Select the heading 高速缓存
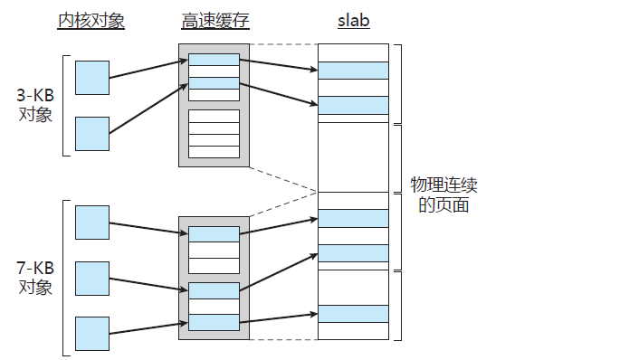pos(214,21)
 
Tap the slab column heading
pos(353,21)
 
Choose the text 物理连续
pos(443,185)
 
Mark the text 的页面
pos(443,205)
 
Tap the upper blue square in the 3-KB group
pos(92,78)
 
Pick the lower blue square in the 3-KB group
pos(92,133)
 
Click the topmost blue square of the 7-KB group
pos(92,223)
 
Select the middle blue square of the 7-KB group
pos(92,278)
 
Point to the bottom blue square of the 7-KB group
pos(92,333)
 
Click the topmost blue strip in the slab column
pos(353,71)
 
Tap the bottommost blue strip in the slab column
pos(353,313)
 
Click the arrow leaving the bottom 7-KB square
pos(145,327)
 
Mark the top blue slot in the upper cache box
pos(214,61)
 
